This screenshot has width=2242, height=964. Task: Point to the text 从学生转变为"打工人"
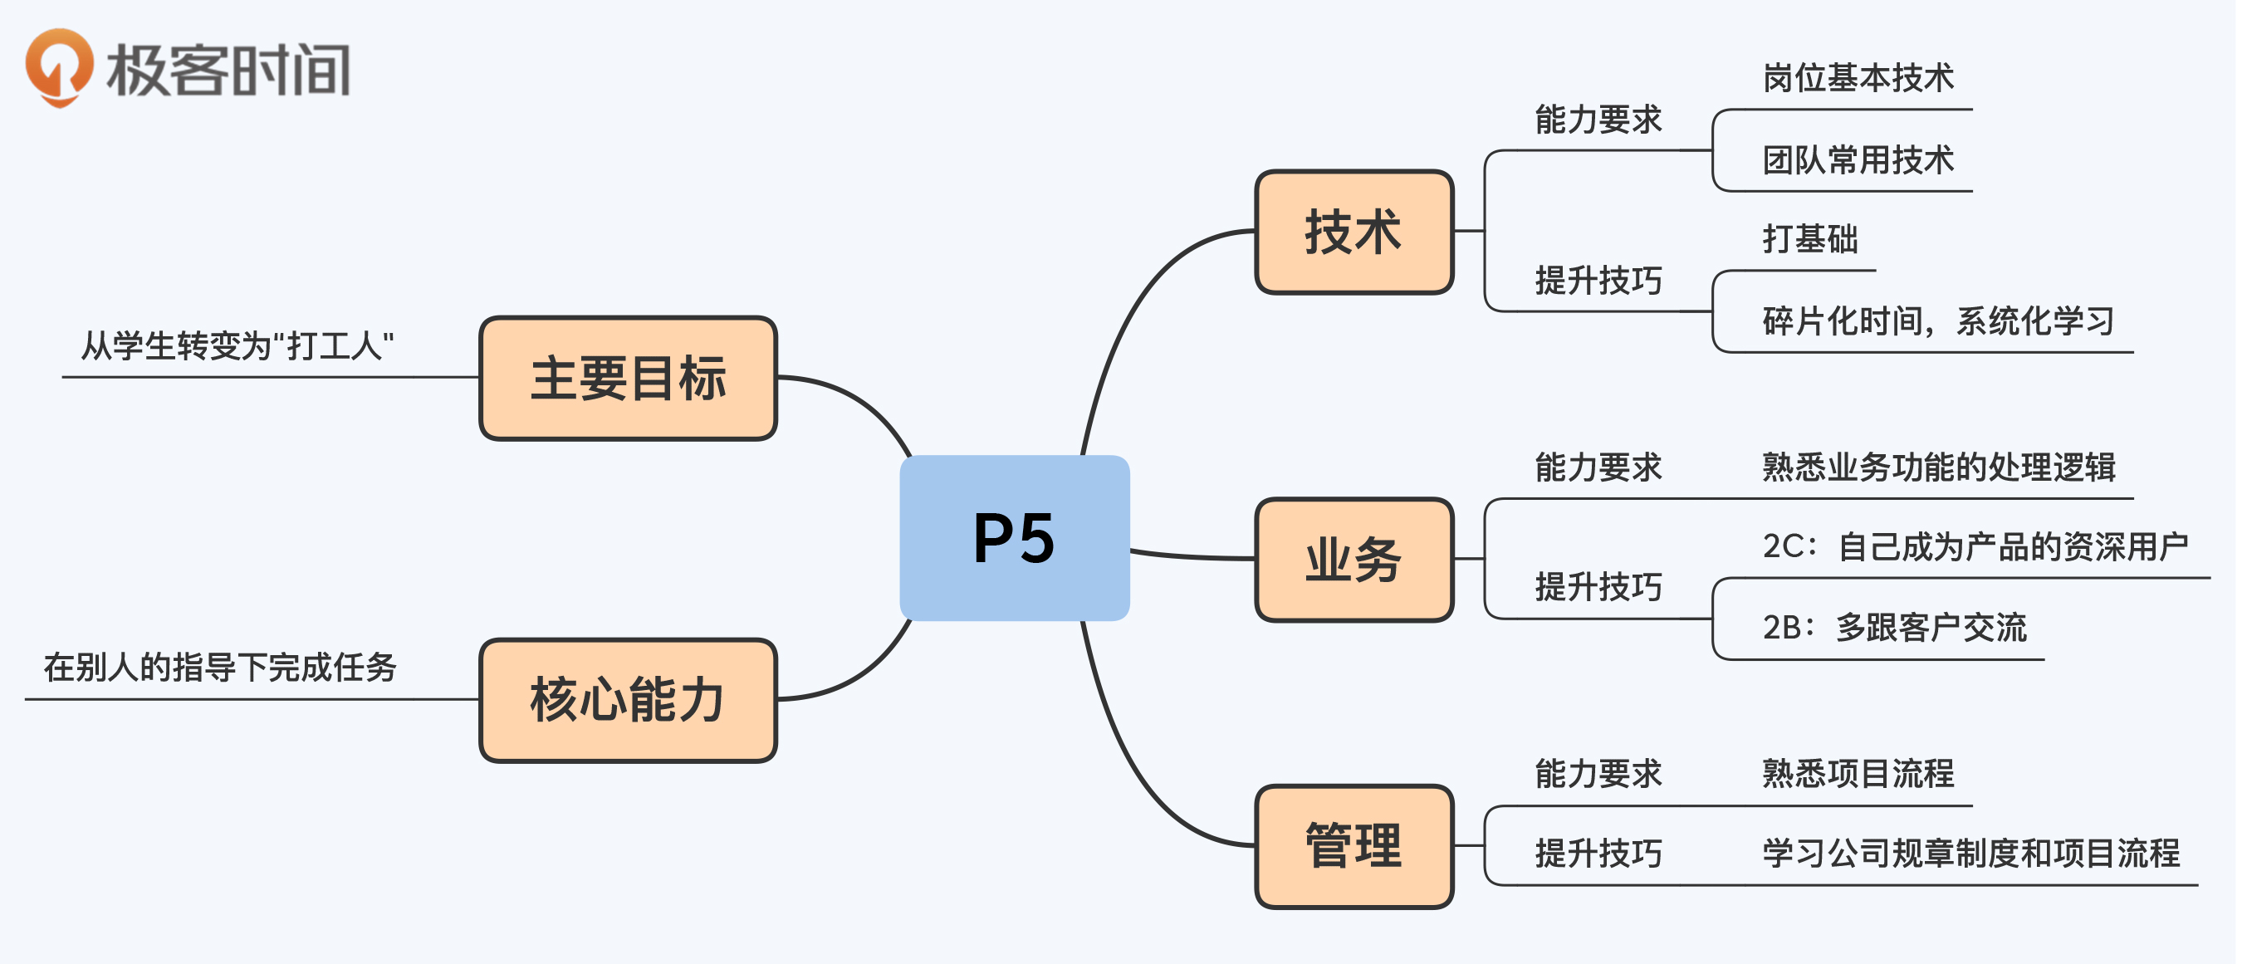[237, 346]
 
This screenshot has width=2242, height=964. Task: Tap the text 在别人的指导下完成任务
[221, 668]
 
